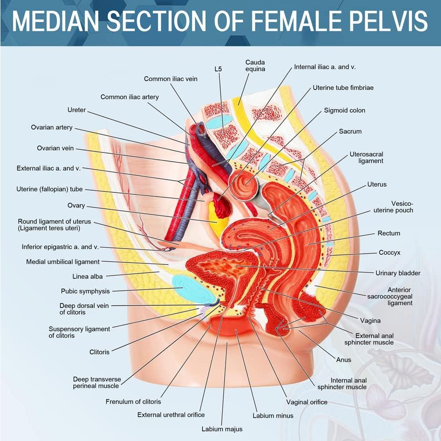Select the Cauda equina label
(x=255, y=66)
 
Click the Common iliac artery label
(x=130, y=97)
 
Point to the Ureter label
(x=77, y=110)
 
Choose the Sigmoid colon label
(x=345, y=110)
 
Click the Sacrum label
(x=350, y=131)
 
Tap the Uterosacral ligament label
(x=366, y=158)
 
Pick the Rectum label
(x=389, y=233)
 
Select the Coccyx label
(x=389, y=253)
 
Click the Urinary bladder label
(x=398, y=273)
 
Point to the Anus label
(x=344, y=359)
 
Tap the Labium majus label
(x=222, y=429)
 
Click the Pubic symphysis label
(x=85, y=291)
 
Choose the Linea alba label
(x=88, y=277)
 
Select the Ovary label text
(x=76, y=206)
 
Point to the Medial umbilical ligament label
(x=63, y=262)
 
